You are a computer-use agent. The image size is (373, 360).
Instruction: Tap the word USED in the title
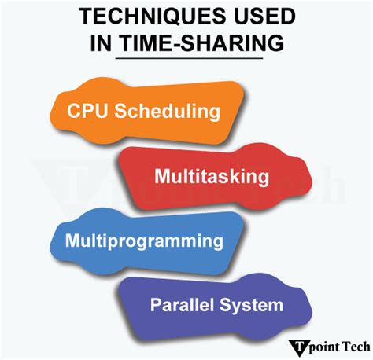(264, 17)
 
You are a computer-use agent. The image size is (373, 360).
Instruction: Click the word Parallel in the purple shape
(179, 303)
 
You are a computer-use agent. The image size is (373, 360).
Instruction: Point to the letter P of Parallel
(156, 303)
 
